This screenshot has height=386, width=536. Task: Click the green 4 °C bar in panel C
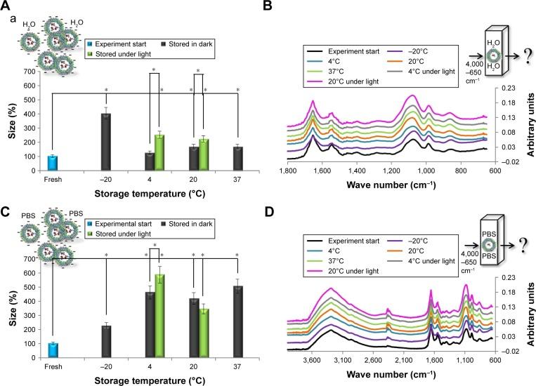[x=159, y=314]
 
